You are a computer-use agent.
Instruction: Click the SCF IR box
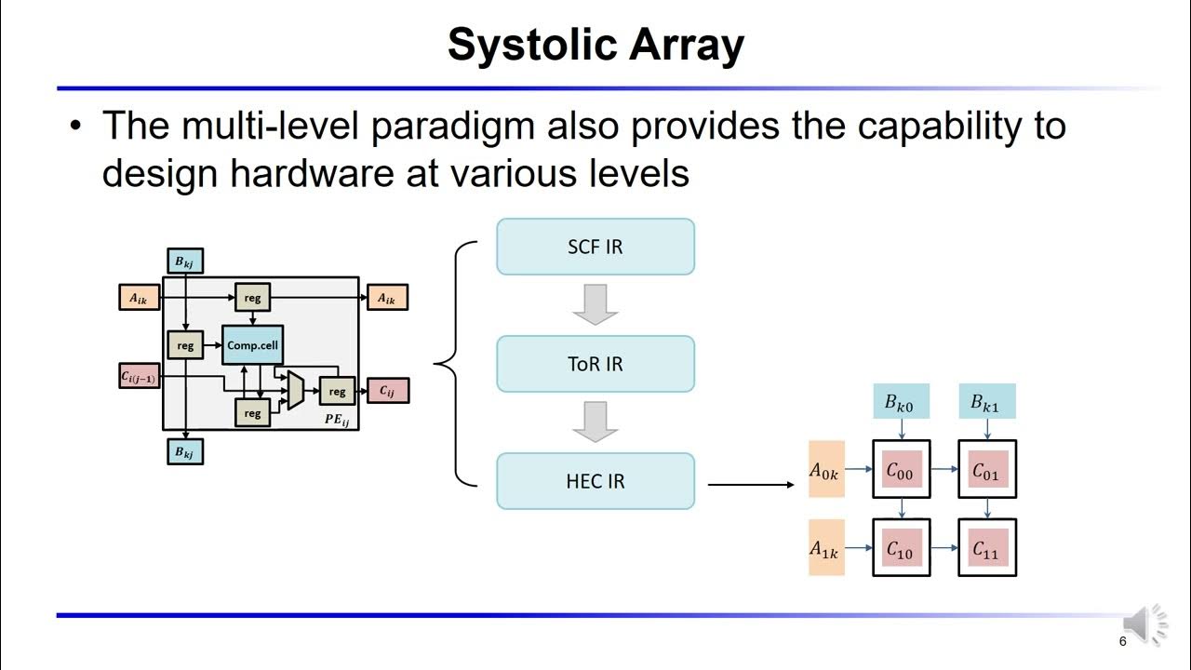[x=595, y=247]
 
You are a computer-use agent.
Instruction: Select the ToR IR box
[x=595, y=364]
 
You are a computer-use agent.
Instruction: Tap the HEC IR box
[x=595, y=481]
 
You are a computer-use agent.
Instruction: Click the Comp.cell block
[x=252, y=345]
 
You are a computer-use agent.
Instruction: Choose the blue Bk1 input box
[x=986, y=403]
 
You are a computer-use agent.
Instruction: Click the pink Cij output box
[x=387, y=391]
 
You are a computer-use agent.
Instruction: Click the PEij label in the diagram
[x=336, y=420]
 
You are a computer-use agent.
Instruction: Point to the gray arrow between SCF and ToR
[x=595, y=304]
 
